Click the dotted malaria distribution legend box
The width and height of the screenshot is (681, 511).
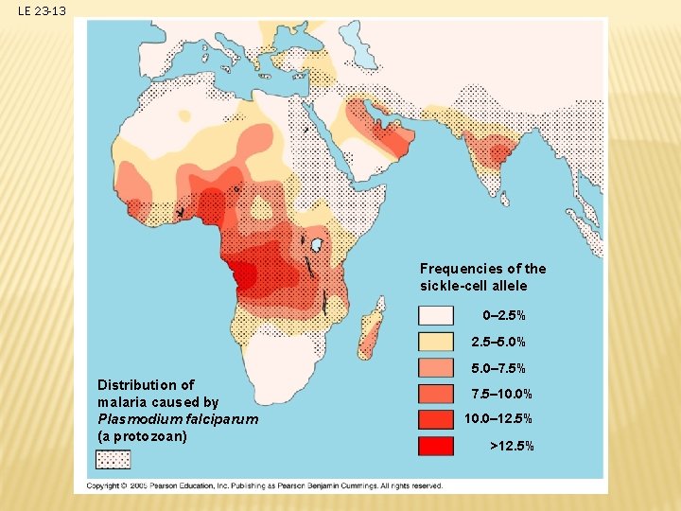pyautogui.click(x=113, y=459)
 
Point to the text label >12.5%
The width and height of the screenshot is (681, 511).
pyautogui.click(x=511, y=445)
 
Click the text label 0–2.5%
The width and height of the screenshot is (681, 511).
pyautogui.click(x=504, y=315)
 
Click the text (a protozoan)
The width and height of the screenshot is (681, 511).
pyautogui.click(x=142, y=436)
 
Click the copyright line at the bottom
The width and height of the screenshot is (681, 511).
pyautogui.click(x=265, y=485)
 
